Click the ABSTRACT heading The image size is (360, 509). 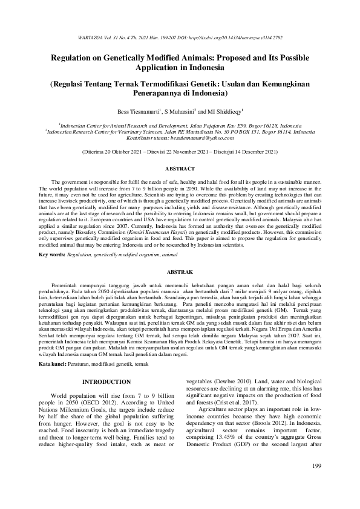coord(180,168)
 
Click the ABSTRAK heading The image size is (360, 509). coord(180,273)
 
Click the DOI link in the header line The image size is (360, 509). coord(234,37)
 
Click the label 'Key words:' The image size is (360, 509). coord(52,255)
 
